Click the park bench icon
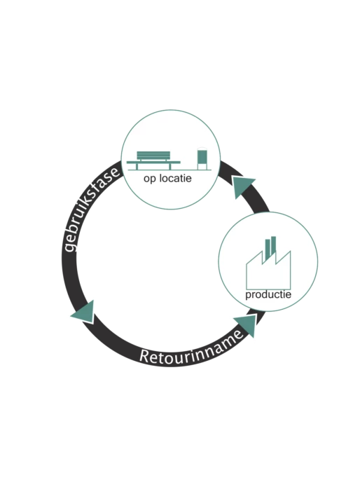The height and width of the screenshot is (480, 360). pos(153,160)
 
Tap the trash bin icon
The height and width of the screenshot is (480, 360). pos(202,158)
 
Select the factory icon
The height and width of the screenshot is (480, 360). pos(268,263)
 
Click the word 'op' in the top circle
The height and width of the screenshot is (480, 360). pos(149,179)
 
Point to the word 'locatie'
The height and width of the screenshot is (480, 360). pos(174,178)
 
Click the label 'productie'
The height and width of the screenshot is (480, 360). pos(268,295)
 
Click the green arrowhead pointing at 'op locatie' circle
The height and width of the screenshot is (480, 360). pos(243,186)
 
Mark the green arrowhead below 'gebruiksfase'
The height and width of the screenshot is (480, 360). pos(84,313)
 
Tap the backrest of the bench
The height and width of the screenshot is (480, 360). pos(153,155)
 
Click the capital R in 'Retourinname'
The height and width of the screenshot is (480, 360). pos(145,357)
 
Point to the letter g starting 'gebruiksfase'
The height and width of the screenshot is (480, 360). pos(70,246)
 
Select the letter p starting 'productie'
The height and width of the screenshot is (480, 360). pos(248,296)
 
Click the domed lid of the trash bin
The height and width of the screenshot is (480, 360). pos(202,149)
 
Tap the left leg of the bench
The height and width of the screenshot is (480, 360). pos(137,167)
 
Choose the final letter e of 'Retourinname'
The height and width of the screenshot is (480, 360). pos(239,334)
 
